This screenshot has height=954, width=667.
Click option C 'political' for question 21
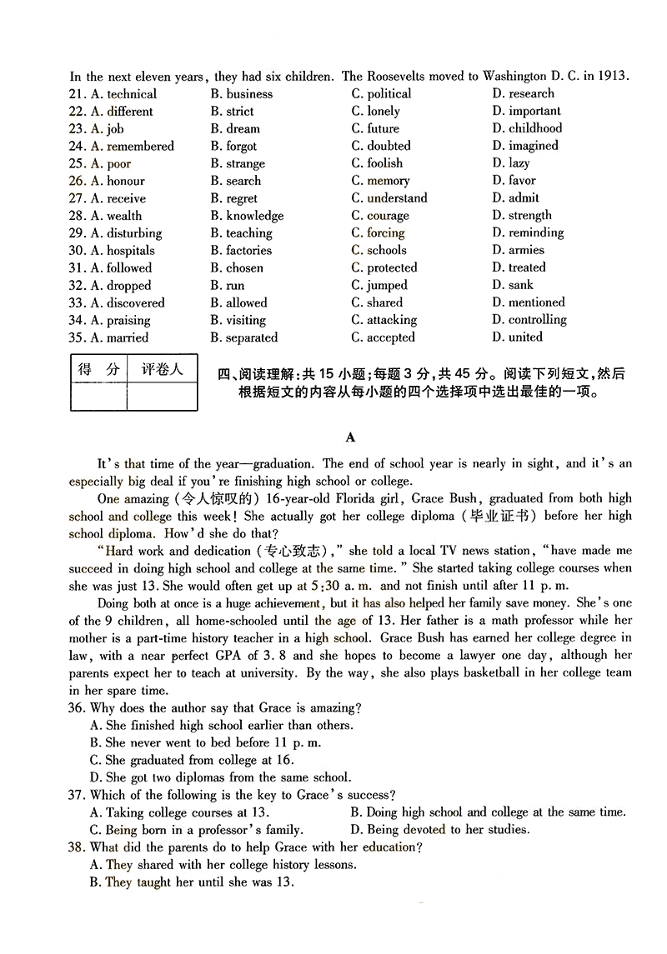tap(381, 94)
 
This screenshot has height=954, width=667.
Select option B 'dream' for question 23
tap(235, 129)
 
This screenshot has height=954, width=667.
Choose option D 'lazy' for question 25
tap(510, 163)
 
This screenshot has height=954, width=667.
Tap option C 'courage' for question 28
tap(380, 216)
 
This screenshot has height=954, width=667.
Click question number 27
tap(78, 198)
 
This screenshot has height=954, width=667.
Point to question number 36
tap(78, 708)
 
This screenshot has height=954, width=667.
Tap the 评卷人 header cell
tap(162, 370)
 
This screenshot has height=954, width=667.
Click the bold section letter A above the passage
tap(350, 437)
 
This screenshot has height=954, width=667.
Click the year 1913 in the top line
tap(611, 77)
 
